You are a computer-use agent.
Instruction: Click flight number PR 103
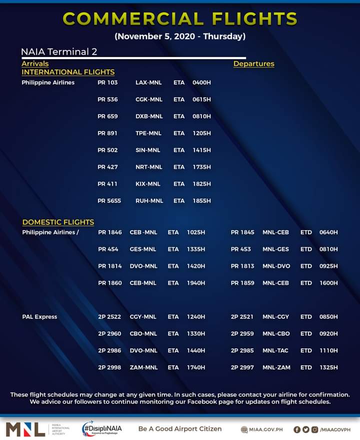click(x=107, y=82)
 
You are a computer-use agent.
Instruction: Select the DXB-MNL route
click(x=149, y=116)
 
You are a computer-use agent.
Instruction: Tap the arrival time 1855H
click(x=201, y=201)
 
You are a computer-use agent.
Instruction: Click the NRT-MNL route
click(x=149, y=167)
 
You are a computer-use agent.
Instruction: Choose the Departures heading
click(x=253, y=64)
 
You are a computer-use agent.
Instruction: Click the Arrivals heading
click(x=35, y=64)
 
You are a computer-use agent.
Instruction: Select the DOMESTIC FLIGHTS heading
click(x=58, y=222)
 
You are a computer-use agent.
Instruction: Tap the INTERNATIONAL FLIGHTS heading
click(x=68, y=72)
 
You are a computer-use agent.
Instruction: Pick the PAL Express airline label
click(x=39, y=317)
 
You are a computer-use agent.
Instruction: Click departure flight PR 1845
click(x=242, y=232)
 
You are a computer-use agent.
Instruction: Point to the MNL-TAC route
click(x=276, y=350)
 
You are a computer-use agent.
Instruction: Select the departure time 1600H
click(x=328, y=283)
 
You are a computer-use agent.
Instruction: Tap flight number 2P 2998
click(x=109, y=367)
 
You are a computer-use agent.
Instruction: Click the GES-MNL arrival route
click(x=143, y=249)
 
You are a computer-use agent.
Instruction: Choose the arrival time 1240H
click(x=196, y=317)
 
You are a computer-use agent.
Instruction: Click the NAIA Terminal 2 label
click(x=58, y=52)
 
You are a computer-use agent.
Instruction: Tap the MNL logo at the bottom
click(x=25, y=429)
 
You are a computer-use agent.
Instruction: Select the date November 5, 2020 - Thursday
click(x=180, y=37)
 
